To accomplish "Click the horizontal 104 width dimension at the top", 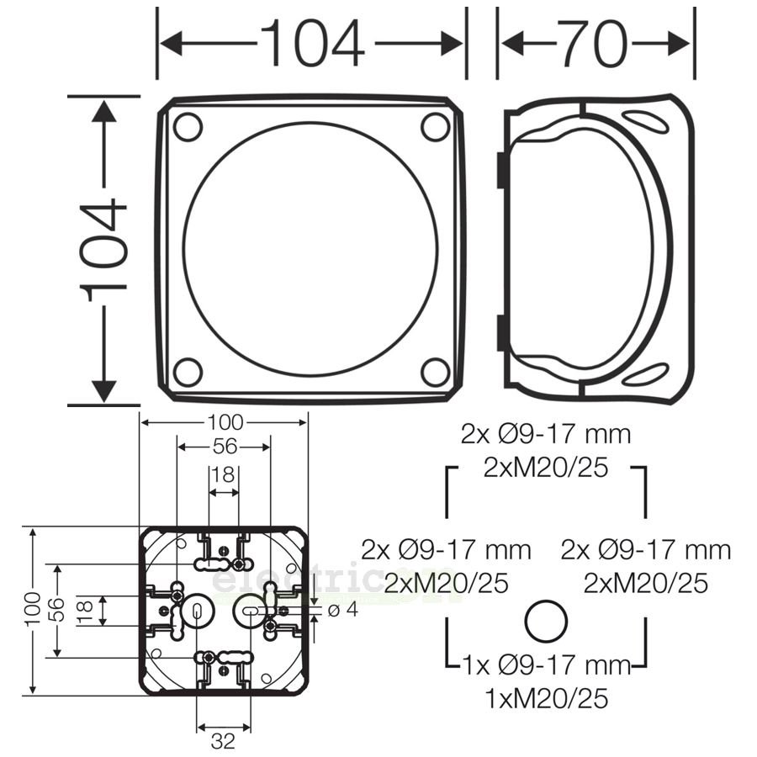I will pos(312,42).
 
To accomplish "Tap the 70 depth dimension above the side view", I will pos(596,42).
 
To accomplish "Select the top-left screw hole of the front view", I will pos(188,127).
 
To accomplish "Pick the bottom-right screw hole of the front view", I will pos(435,372).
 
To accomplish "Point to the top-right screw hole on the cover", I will pos(435,127).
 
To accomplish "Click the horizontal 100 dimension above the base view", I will pos(224,421).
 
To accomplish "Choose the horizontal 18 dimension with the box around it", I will pos(224,474).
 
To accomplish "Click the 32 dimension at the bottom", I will pos(223,741).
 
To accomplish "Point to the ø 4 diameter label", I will pos(342,609).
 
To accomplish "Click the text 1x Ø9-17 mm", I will pos(546,665).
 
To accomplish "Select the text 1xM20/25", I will pos(546,697).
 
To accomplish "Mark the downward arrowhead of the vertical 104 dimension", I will pos(104,390).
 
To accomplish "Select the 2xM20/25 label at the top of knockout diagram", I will pos(546,467).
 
